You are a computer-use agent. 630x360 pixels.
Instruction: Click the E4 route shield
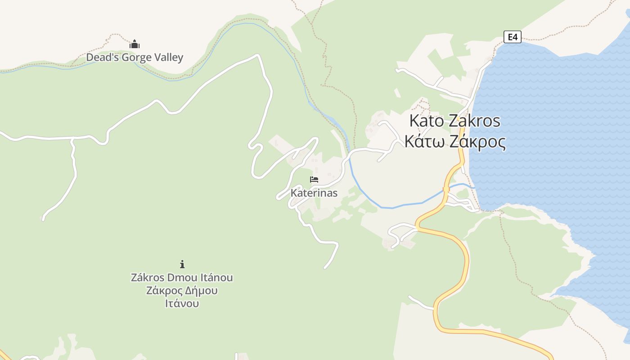tap(513, 37)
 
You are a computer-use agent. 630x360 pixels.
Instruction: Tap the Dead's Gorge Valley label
tap(135, 58)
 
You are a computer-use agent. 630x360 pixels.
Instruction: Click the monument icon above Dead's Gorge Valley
tap(135, 44)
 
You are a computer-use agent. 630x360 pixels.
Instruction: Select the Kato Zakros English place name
tap(454, 121)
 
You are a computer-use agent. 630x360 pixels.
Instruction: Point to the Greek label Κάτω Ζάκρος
tap(454, 141)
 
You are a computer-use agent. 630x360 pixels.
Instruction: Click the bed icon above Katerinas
tap(314, 180)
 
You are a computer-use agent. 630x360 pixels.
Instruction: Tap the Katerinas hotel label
tap(314, 193)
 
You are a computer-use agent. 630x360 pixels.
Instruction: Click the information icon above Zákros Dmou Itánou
tap(182, 264)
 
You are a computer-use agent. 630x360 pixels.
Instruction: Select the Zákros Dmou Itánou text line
tap(182, 278)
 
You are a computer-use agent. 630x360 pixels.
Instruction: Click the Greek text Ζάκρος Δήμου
tap(182, 291)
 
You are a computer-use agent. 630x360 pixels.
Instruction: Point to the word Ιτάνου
tap(182, 304)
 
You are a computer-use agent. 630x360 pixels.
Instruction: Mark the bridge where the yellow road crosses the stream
tap(446, 190)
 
